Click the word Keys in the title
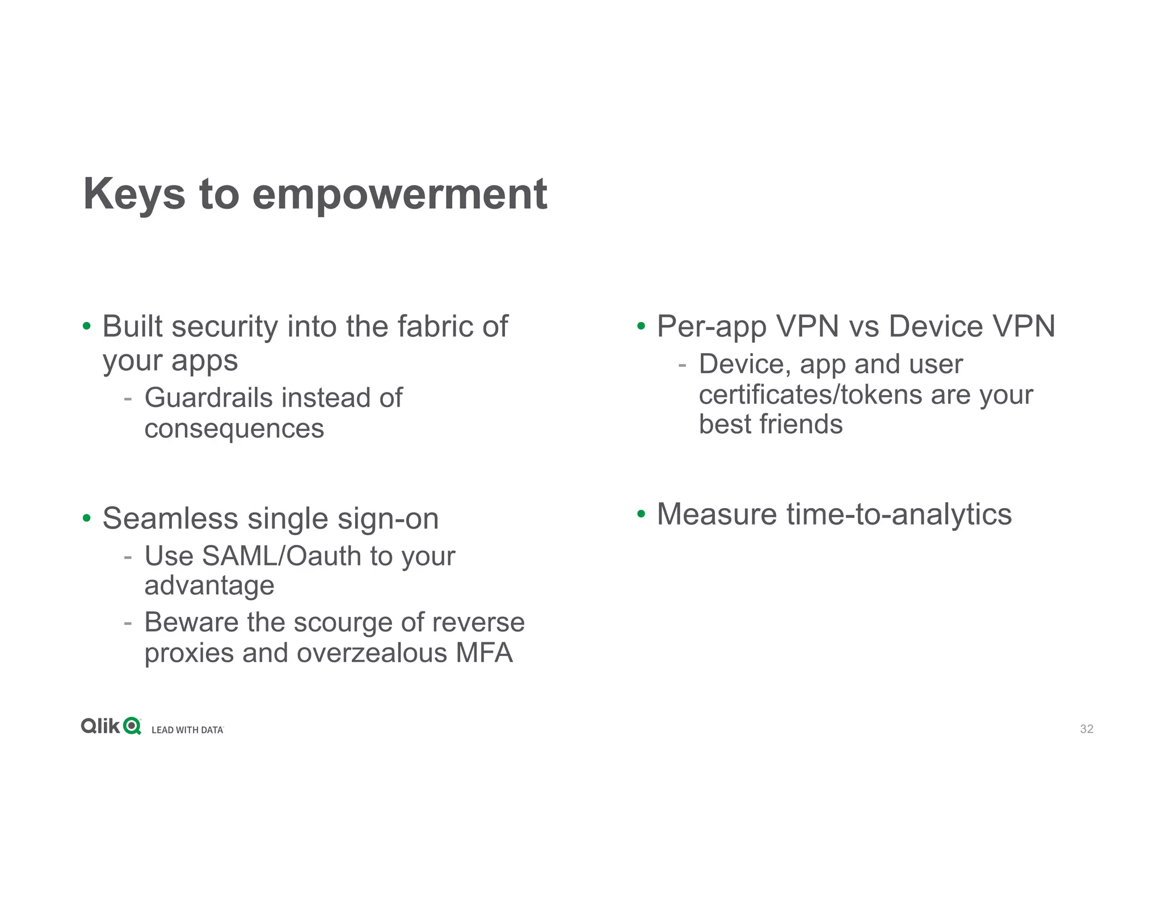tap(134, 194)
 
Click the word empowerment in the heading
tap(399, 194)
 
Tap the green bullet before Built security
tap(86, 327)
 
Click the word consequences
tap(234, 429)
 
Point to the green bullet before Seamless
tap(86, 518)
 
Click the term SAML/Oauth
tap(281, 556)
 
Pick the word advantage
tap(209, 586)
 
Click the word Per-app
tap(711, 327)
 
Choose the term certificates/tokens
tap(810, 395)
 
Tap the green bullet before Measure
tap(641, 514)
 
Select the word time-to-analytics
tap(899, 515)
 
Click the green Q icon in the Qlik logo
tap(132, 726)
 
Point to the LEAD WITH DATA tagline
tap(187, 730)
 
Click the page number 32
tap(1086, 729)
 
